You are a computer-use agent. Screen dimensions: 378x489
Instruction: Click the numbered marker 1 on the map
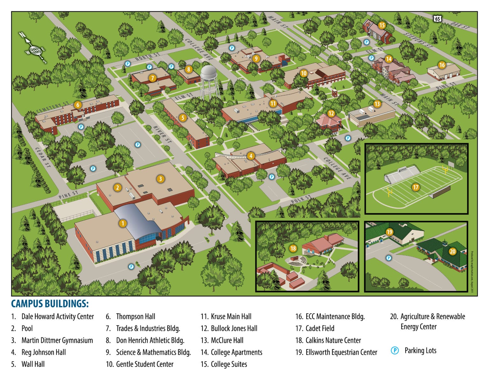coord(123,223)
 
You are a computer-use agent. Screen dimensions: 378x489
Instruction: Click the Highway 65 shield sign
coord(437,19)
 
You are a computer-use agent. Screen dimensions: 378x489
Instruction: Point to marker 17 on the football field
coord(415,187)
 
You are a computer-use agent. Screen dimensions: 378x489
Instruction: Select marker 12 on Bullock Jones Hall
coord(331,113)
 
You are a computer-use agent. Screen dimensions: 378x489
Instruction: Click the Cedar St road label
coord(43,157)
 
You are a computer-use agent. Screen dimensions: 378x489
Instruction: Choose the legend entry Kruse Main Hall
coord(231,317)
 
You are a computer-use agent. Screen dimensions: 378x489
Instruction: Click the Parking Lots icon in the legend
coord(394,351)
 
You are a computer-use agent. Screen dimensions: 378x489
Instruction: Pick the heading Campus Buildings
coord(50,303)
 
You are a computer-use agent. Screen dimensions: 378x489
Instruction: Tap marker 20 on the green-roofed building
coord(452,251)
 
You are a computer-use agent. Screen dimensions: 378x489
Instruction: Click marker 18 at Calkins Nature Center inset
coord(293,248)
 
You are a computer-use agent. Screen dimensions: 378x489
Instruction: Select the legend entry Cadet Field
coord(320,328)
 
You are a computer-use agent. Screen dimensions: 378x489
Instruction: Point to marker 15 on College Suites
coord(382,25)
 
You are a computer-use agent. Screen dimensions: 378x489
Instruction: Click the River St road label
coord(162,134)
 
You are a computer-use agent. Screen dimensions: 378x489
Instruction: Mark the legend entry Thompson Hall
coord(135,317)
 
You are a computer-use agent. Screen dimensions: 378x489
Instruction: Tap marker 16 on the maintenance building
coord(442,65)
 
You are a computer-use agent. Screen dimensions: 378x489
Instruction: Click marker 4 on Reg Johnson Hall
coord(251,156)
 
